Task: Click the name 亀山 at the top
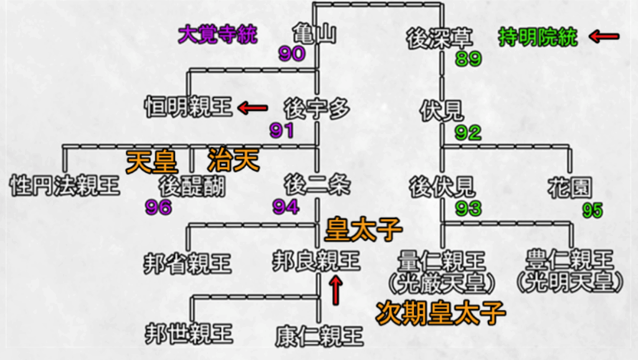[x=314, y=33]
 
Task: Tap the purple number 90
[x=292, y=54]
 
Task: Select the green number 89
[x=469, y=59]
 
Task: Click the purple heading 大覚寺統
[x=217, y=34]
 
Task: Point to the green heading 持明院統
[x=538, y=37]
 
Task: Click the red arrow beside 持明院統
[x=604, y=37]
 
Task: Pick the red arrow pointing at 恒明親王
[x=253, y=108]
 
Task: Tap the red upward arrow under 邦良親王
[x=336, y=290]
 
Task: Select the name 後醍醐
[x=192, y=187]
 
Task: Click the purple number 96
[x=158, y=207]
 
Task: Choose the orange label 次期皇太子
[x=440, y=313]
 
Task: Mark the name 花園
[x=569, y=188]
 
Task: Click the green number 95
[x=592, y=211]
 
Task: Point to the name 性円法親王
[x=65, y=186]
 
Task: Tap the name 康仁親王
[x=319, y=336]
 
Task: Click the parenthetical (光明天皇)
[x=569, y=282]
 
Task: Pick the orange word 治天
[x=233, y=159]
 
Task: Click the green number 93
[x=469, y=209]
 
